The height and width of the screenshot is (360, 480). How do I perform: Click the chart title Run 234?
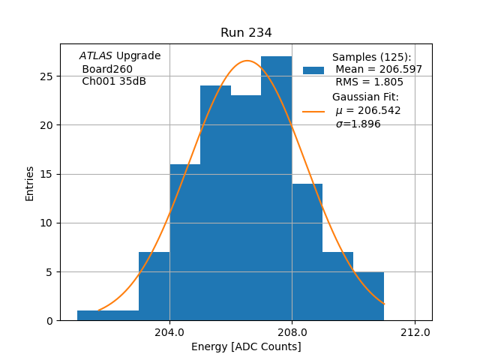246,33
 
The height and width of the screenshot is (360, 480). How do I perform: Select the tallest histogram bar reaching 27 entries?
276,187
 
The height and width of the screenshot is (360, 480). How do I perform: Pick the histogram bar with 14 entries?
307,252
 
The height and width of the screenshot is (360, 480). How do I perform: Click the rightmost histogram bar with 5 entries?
368,296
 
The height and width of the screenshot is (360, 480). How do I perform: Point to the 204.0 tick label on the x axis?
169,332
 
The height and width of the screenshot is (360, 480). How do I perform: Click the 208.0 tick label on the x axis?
292,332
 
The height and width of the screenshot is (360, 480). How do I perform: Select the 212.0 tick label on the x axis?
415,332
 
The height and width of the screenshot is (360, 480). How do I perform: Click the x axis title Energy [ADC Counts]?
246,346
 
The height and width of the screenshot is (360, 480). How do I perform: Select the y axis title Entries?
30,183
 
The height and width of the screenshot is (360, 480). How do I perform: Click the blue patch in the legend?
313,70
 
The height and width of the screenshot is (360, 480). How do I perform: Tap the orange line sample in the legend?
313,112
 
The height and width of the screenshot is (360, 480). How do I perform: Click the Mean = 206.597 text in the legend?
379,70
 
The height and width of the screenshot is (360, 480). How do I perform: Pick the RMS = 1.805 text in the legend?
369,82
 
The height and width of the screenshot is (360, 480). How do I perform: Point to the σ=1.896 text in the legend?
358,124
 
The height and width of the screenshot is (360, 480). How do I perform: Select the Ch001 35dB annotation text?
114,82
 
